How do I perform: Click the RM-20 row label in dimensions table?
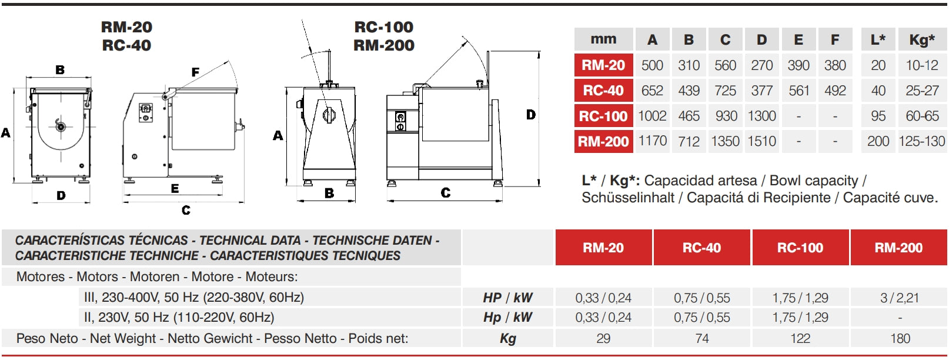point(603,65)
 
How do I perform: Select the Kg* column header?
point(921,40)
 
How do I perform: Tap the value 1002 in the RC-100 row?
point(652,116)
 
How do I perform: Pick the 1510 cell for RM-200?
point(761,141)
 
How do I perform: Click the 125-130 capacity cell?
point(921,141)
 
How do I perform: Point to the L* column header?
point(878,40)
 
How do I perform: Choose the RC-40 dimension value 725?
point(725,91)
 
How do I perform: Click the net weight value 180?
point(900,338)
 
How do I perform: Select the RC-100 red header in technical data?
point(800,248)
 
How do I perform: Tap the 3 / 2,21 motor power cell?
point(900,298)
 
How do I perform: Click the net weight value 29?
point(603,338)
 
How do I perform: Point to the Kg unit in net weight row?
point(507,338)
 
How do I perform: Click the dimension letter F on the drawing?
point(195,72)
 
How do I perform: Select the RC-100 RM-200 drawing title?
point(384,36)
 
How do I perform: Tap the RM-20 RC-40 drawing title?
point(126,36)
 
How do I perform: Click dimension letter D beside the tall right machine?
point(530,115)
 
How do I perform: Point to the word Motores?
point(40,276)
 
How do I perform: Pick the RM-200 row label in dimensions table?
point(603,141)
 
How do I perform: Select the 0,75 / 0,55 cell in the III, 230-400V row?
point(701,298)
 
